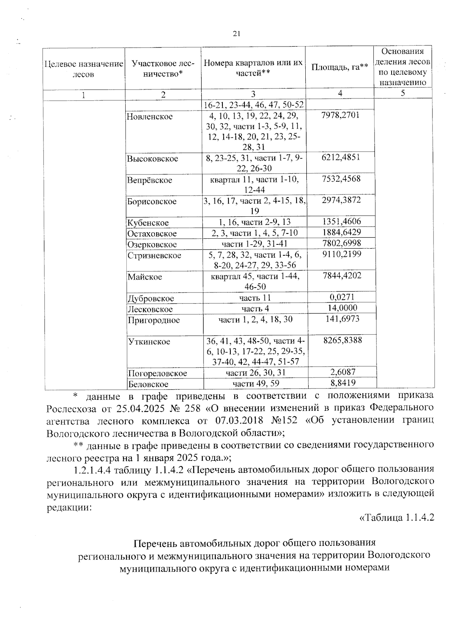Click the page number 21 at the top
point(236,34)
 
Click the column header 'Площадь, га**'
point(340,67)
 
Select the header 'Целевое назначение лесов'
point(84,69)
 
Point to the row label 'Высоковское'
point(152,159)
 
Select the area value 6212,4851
point(340,157)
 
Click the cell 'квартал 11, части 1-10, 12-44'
point(255,185)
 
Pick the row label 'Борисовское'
point(152,201)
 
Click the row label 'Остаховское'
point(152,233)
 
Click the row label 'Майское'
point(145,277)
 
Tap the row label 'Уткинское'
point(149,342)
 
